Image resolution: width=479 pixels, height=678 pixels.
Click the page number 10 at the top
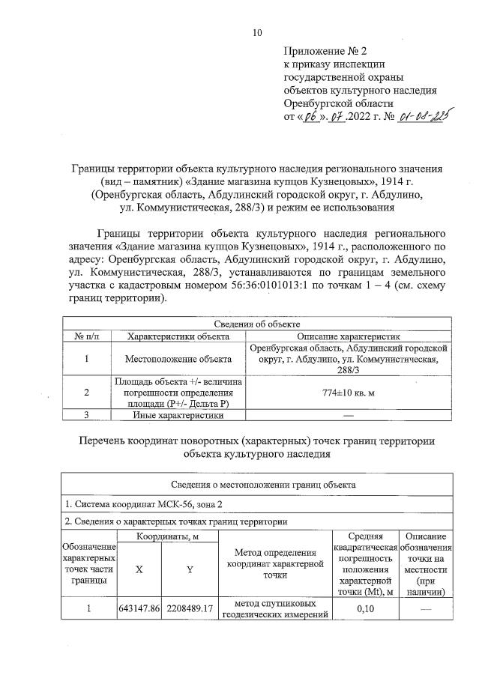pyautogui.click(x=258, y=32)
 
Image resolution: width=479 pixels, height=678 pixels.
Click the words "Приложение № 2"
pyautogui.click(x=327, y=52)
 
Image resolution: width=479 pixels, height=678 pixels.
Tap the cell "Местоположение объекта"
pyautogui.click(x=178, y=358)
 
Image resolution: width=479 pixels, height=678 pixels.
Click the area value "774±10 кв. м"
pyautogui.click(x=350, y=393)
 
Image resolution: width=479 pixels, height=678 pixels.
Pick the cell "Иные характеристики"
pyautogui.click(x=178, y=414)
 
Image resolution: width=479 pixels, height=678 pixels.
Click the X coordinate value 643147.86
pyautogui.click(x=140, y=610)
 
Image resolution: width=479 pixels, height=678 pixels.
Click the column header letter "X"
pyautogui.click(x=139, y=569)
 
